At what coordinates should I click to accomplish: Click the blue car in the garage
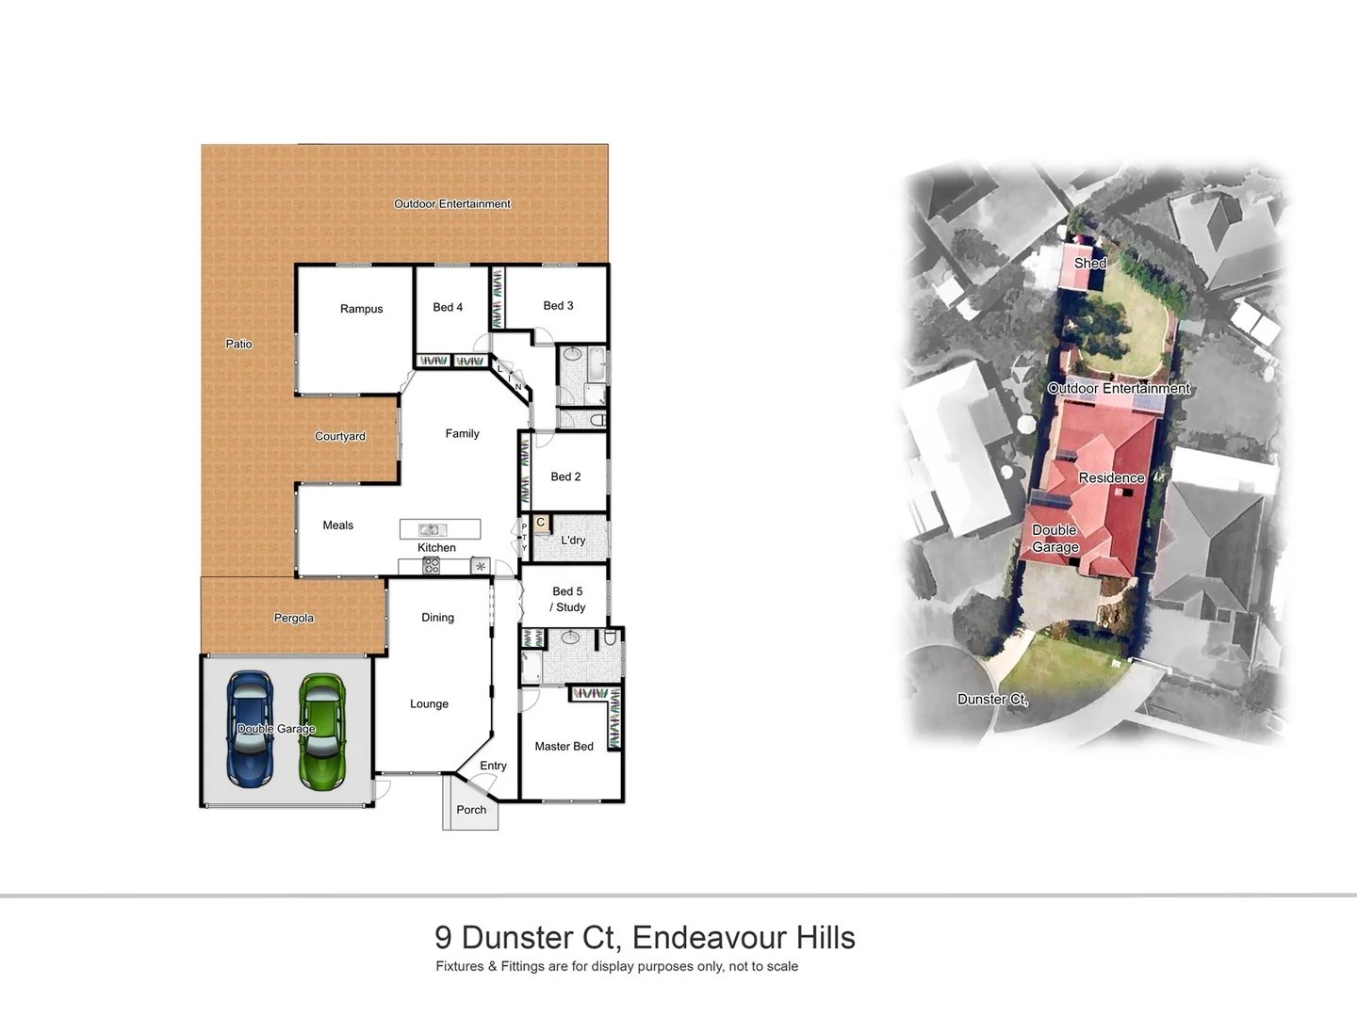coord(250,729)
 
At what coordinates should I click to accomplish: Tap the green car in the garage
coord(322,730)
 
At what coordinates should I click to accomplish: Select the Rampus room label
coord(361,309)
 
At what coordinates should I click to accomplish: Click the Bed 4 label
coord(448,307)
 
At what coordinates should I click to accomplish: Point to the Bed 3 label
coord(558,305)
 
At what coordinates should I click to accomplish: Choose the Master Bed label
coord(564,746)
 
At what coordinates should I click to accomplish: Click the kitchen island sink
coord(433,529)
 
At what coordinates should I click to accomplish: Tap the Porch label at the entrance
coord(471,810)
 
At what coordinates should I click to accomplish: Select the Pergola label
coord(293,618)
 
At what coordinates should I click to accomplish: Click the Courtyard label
coord(339,436)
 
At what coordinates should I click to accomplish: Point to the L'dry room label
coord(573,541)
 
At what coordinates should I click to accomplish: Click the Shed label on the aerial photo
coord(1089,263)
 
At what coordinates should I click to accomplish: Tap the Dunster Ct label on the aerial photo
coord(992,699)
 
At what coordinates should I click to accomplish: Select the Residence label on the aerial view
coord(1111,477)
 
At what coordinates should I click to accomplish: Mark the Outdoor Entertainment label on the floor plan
coord(451,203)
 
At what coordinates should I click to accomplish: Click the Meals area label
coord(337,525)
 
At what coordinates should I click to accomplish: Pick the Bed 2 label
coord(565,476)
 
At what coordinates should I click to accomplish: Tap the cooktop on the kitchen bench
coord(431,566)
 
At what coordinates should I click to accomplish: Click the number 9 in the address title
coord(443,938)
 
